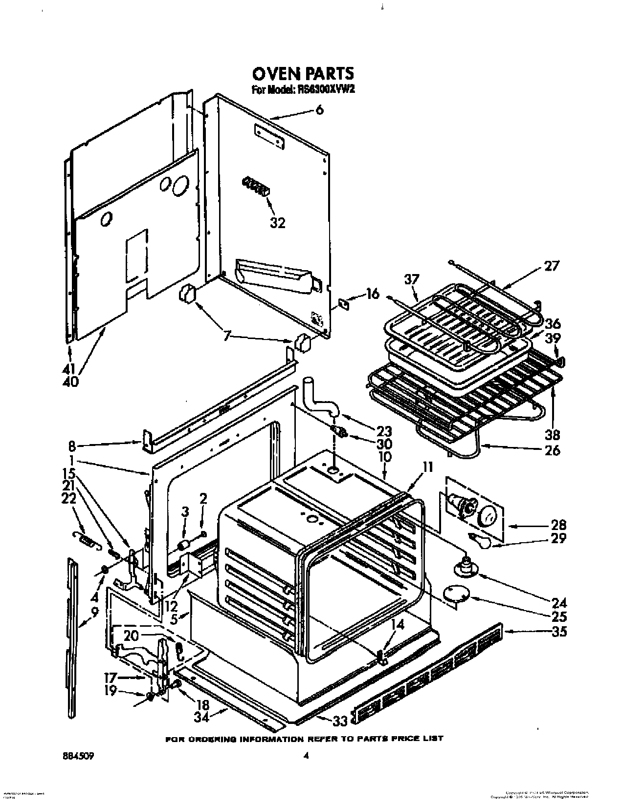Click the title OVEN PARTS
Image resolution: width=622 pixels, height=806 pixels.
[x=302, y=73]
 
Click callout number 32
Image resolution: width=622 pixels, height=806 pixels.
[x=277, y=222]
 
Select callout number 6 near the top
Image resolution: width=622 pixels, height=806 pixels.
[x=319, y=110]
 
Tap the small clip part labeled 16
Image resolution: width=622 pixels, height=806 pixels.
[x=344, y=304]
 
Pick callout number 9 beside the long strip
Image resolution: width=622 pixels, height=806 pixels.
[x=94, y=611]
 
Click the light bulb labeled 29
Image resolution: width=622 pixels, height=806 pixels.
[x=482, y=543]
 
